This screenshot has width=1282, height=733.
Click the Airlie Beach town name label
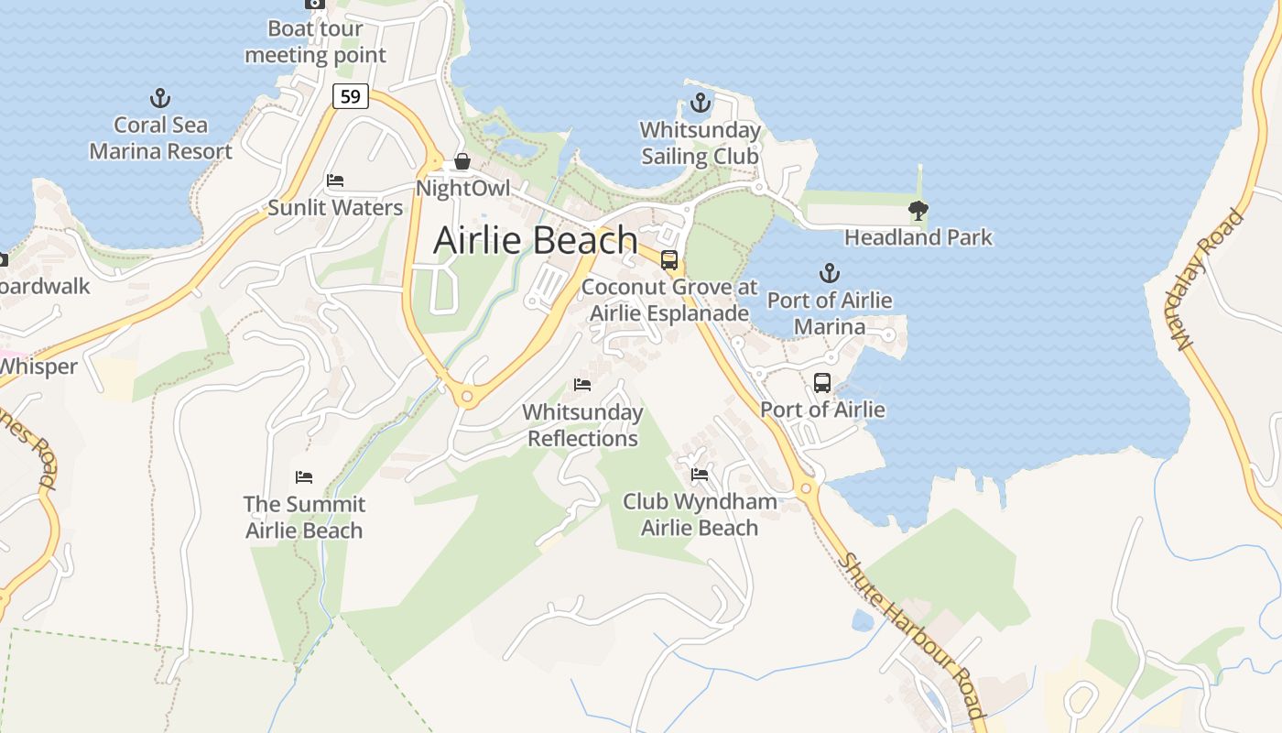pos(535,240)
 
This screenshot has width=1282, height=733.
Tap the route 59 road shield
pos(350,95)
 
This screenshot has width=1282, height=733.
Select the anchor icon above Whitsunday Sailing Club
pos(701,102)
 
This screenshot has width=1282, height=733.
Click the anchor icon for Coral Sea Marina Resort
pos(160,97)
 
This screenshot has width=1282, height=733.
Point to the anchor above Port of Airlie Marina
pos(829,272)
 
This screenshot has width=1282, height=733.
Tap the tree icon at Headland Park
pos(918,211)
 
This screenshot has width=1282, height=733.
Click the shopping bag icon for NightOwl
pos(462,162)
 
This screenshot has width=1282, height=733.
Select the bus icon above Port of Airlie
pos(822,382)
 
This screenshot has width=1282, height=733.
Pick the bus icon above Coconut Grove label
pos(669,259)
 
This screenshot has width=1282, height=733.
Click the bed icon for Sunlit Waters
pos(335,181)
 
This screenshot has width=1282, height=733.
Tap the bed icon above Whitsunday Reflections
pos(582,385)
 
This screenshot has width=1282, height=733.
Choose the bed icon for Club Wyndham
pos(700,475)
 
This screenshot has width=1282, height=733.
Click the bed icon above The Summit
pos(304,477)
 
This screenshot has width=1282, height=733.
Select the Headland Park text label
pos(918,238)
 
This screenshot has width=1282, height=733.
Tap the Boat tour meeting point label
pos(315,42)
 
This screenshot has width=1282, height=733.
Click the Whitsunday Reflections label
pos(582,425)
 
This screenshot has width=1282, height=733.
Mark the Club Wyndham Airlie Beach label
pos(700,515)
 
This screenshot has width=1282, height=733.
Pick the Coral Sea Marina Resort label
pos(160,138)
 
